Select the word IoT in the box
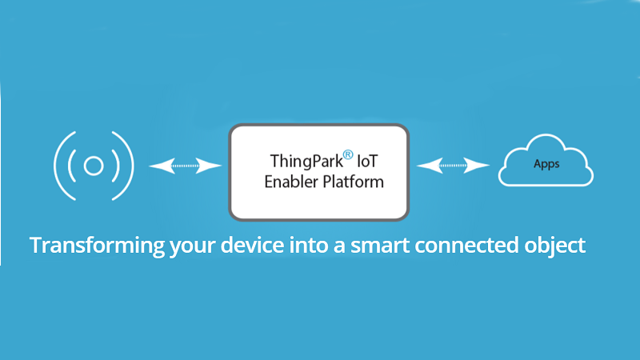click(x=369, y=160)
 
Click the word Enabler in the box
click(x=293, y=182)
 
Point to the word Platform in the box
click(x=354, y=182)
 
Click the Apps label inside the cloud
click(x=546, y=164)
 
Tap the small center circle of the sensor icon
click(x=93, y=166)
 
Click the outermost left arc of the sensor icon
click(x=58, y=166)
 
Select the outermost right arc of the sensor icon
click(x=128, y=166)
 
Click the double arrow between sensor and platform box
click(x=186, y=166)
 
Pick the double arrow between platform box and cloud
click(x=453, y=166)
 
